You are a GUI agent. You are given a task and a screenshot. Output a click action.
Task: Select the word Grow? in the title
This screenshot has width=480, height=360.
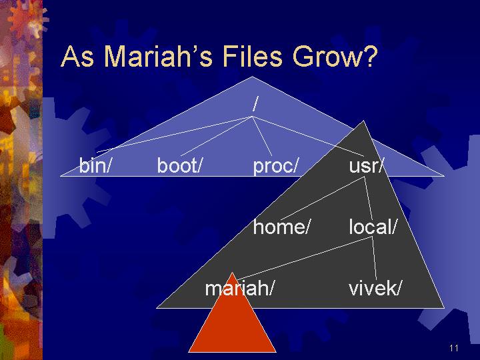click(x=335, y=56)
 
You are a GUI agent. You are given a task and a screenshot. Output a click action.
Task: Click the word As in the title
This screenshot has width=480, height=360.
click(x=77, y=56)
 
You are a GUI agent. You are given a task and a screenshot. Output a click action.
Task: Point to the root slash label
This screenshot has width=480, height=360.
click(x=255, y=104)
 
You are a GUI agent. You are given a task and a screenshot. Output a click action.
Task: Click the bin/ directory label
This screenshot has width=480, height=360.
click(x=94, y=165)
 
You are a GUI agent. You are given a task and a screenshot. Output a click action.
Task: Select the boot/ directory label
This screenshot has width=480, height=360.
click(x=180, y=165)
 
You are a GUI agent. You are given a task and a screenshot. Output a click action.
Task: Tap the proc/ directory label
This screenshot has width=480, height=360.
click(x=275, y=166)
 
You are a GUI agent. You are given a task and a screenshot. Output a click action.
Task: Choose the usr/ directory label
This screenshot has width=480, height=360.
click(x=366, y=166)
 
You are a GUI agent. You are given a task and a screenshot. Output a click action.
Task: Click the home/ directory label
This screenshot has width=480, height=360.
click(x=281, y=227)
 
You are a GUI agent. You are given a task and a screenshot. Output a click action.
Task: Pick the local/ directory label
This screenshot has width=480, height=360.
click(x=373, y=227)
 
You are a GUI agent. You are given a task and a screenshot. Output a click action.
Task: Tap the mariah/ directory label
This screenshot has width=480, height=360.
click(x=239, y=288)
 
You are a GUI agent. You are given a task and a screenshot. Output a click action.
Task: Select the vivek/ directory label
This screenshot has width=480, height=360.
click(x=375, y=288)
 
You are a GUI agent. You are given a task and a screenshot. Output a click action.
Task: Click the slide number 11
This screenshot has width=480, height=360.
click(x=454, y=348)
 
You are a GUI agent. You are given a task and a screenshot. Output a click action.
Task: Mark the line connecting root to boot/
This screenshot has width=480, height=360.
click(x=216, y=136)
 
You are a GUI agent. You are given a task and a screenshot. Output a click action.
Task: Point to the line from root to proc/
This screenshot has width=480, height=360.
click(x=262, y=136)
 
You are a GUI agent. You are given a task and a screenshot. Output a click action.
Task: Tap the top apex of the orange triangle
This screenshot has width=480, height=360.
click(x=233, y=272)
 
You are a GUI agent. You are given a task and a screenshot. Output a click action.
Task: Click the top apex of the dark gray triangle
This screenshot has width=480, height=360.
click(x=363, y=121)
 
